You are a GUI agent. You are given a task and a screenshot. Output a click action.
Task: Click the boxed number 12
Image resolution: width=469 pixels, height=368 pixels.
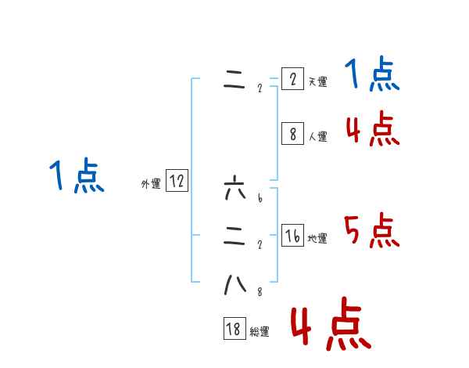pos(177,182)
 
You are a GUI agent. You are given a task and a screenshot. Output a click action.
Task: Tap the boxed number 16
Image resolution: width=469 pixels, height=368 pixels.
pos(292,236)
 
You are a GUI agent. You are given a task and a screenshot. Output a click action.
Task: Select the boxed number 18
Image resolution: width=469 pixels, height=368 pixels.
pos(234,330)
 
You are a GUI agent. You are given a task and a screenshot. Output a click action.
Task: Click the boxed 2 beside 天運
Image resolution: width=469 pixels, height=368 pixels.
pos(292,79)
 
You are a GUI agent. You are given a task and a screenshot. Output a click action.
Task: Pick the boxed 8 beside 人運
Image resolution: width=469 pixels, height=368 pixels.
pos(292,134)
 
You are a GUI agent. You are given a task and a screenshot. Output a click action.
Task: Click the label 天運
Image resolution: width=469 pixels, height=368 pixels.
pos(317,81)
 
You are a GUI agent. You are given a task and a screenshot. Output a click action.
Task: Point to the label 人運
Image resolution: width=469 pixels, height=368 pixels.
pos(317,136)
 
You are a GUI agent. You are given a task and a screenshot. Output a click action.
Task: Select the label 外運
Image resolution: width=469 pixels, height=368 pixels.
pos(151,184)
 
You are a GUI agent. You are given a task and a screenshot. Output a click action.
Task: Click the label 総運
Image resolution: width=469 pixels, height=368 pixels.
pos(260,332)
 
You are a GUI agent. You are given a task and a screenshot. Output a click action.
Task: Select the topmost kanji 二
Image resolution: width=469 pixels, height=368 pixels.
pos(234,81)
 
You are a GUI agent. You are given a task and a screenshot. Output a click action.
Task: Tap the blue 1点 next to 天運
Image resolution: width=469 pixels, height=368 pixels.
pos(371,76)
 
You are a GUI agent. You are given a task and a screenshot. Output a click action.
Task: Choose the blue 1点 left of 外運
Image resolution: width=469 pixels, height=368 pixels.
pos(77,176)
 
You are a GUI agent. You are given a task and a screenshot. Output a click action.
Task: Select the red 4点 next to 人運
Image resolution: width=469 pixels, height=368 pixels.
pos(371,129)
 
